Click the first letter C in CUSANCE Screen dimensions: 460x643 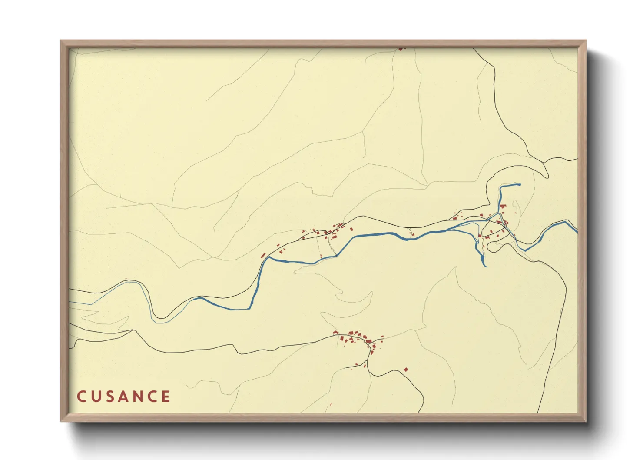[81, 397]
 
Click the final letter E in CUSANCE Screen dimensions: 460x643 [166, 397]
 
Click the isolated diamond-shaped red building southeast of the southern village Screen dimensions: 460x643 [406, 370]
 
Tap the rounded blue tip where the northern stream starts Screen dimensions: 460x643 [519, 184]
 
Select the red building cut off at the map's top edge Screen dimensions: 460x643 [401, 49]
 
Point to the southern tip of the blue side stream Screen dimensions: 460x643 [484, 265]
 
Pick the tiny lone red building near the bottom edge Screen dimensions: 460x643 [331, 404]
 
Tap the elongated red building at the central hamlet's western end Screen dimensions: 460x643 [263, 255]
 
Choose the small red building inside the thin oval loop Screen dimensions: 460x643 [516, 213]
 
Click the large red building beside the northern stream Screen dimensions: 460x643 [503, 207]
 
